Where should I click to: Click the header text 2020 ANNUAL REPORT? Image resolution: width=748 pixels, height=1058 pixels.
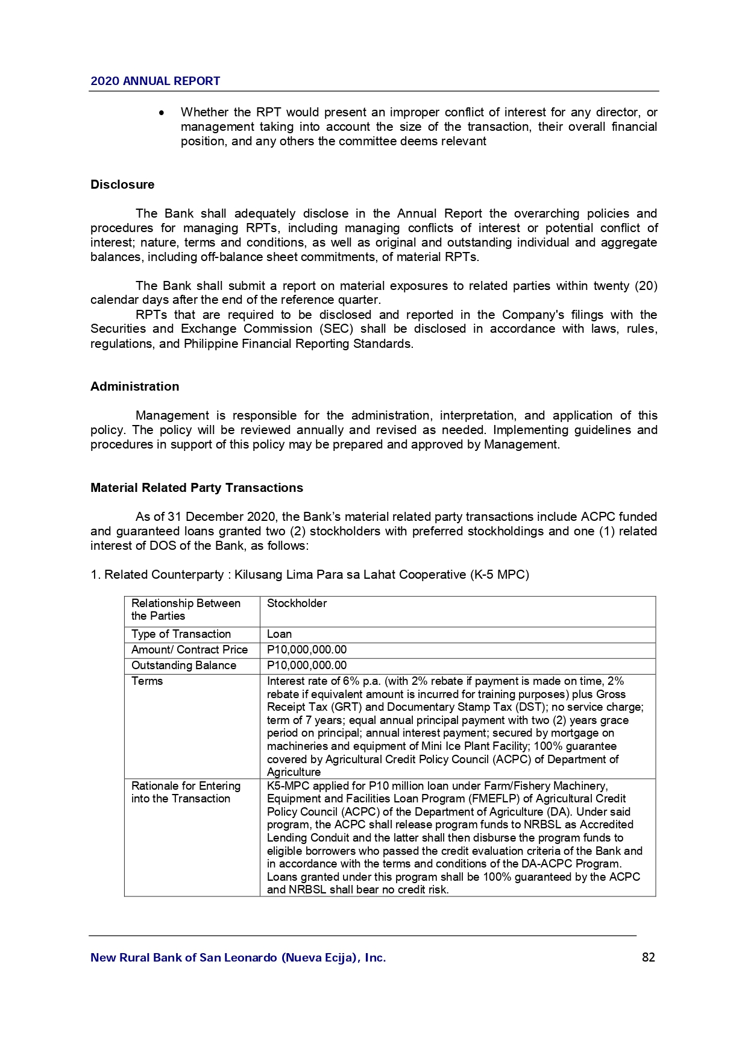[155, 81]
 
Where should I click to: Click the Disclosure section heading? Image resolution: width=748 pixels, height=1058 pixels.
[122, 184]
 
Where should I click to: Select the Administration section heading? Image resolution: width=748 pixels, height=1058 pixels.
[134, 386]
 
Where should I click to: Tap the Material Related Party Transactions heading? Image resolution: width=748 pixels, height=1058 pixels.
[196, 488]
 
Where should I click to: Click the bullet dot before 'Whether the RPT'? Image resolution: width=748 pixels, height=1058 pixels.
[162, 113]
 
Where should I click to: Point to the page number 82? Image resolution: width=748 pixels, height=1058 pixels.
[648, 957]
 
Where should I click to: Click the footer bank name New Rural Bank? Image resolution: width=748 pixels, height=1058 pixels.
[237, 957]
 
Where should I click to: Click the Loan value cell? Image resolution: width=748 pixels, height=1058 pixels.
[279, 634]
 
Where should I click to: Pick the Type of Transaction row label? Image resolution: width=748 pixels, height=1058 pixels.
[181, 634]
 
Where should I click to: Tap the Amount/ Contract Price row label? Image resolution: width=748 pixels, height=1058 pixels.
[189, 650]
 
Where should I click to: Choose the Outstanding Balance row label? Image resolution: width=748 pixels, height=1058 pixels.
[183, 666]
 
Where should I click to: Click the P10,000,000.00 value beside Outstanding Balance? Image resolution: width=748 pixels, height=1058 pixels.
[307, 666]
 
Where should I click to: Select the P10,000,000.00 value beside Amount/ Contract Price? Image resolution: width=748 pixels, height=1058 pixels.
[307, 650]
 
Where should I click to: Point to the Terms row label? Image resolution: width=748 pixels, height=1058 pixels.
[147, 681]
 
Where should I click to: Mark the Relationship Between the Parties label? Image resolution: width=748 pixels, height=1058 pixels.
[186, 609]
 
